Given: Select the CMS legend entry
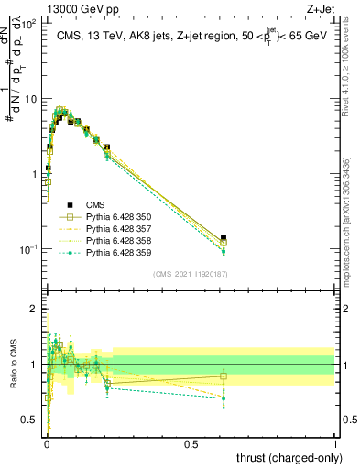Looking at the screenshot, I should [97, 205].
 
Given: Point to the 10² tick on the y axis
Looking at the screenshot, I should [29, 24].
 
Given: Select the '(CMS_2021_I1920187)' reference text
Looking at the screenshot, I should [190, 274].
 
